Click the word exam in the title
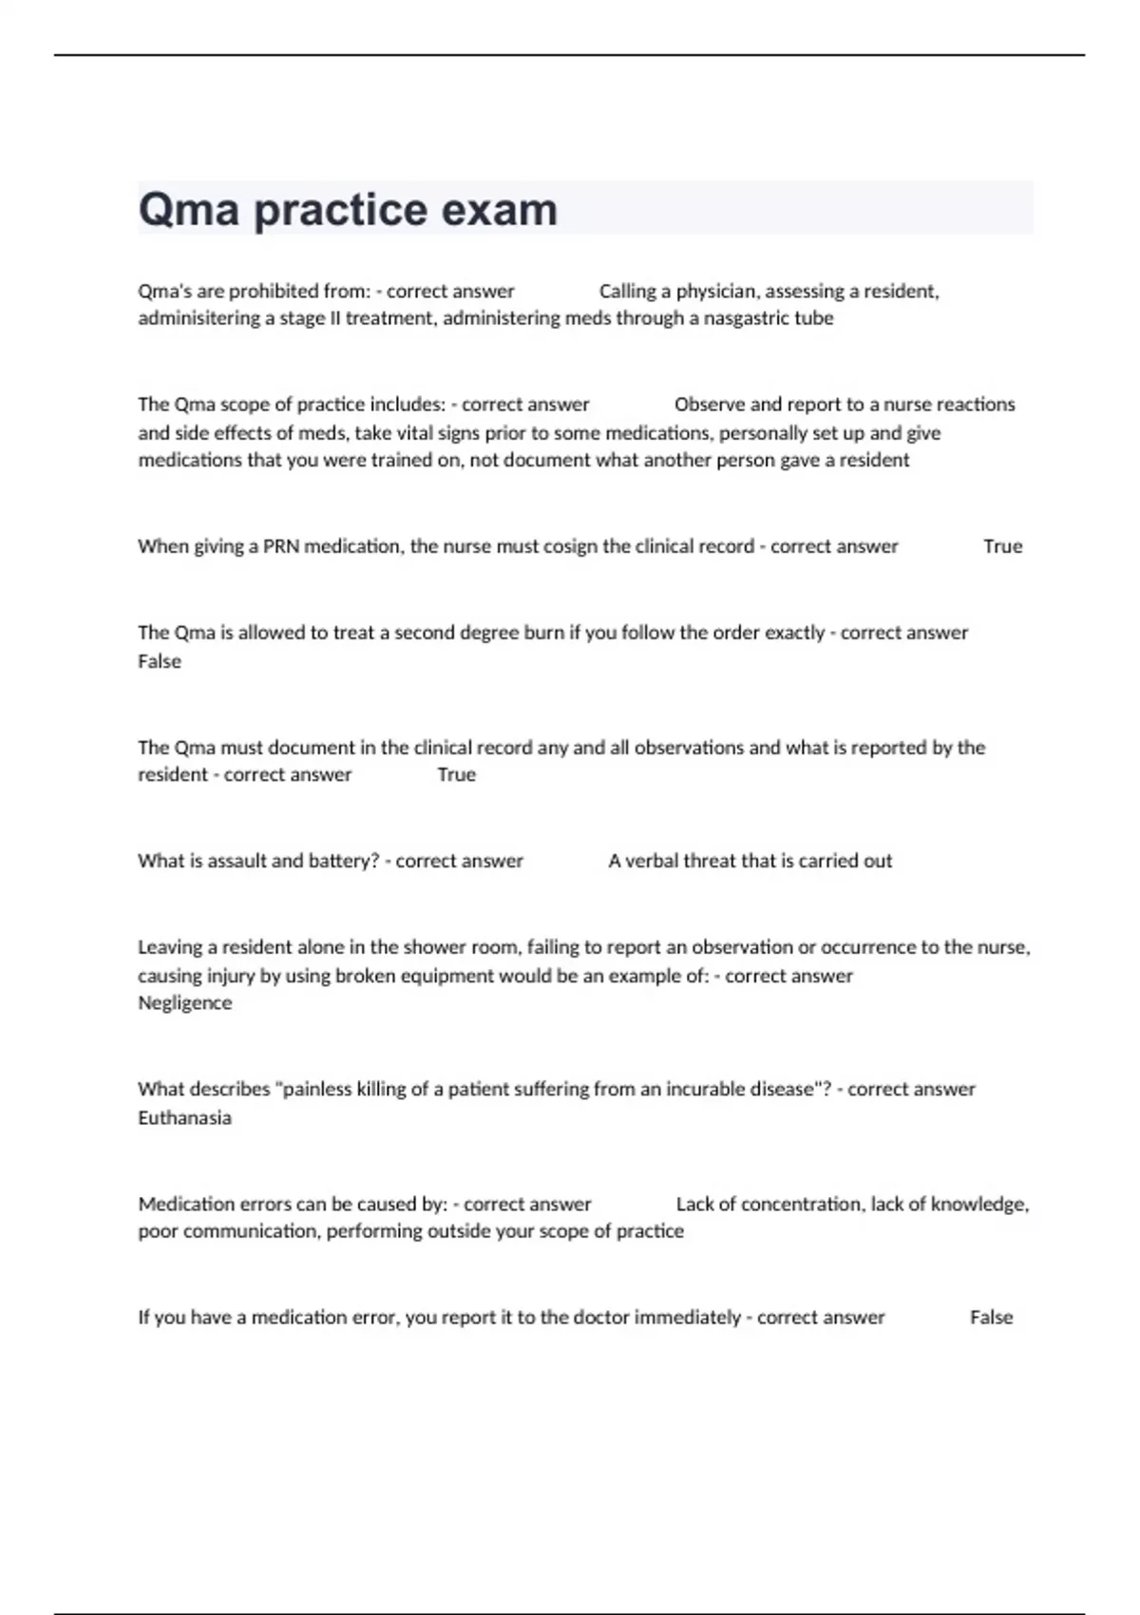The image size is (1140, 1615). (499, 210)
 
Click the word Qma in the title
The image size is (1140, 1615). (188, 210)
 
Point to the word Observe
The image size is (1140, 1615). (709, 405)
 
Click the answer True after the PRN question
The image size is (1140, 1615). (1002, 546)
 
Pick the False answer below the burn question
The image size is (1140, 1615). (159, 661)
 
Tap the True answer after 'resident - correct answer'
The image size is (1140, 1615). (456, 775)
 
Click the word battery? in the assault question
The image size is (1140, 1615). (344, 861)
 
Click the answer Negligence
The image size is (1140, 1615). (184, 1003)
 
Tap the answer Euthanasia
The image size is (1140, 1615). (184, 1118)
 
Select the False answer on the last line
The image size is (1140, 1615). (991, 1318)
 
